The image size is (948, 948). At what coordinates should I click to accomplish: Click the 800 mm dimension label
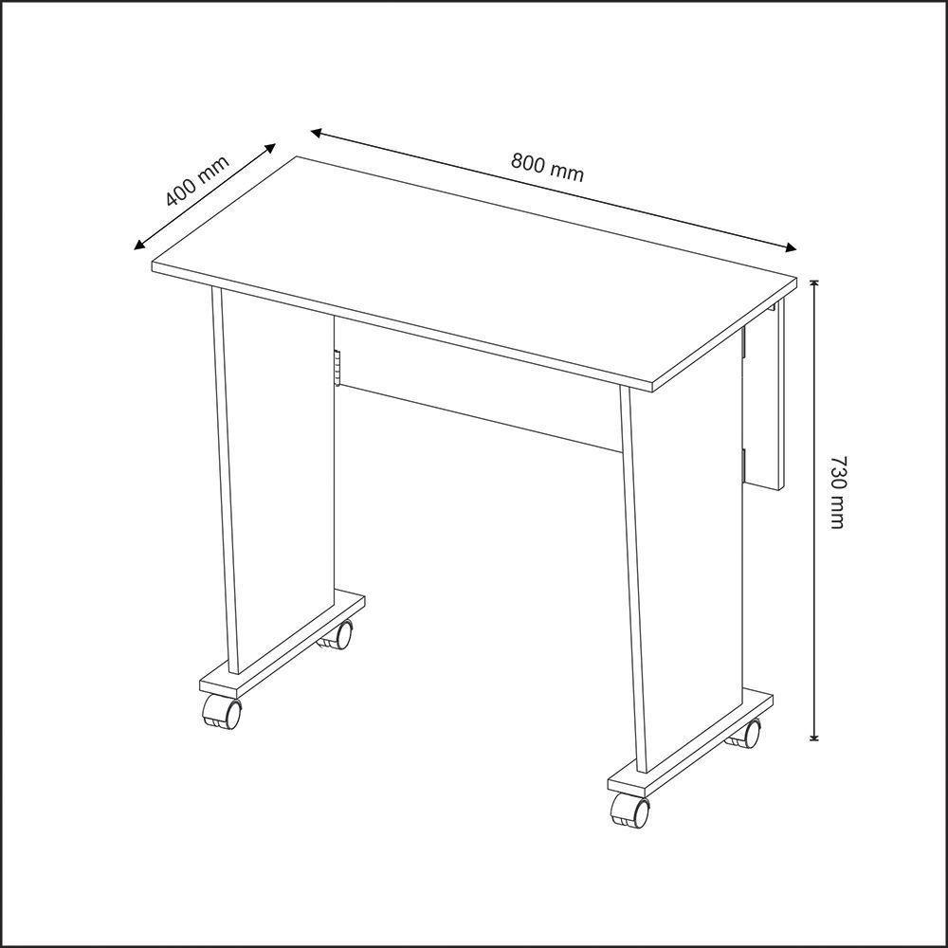point(547,167)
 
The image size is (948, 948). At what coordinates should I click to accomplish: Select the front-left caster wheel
point(222,712)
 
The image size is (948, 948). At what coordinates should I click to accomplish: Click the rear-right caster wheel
point(746,732)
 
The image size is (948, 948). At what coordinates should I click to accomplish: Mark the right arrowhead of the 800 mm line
point(791,248)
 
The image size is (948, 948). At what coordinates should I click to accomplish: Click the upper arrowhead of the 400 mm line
point(270,148)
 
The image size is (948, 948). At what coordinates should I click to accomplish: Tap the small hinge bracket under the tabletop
point(336,370)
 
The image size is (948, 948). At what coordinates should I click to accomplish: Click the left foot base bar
point(283,645)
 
